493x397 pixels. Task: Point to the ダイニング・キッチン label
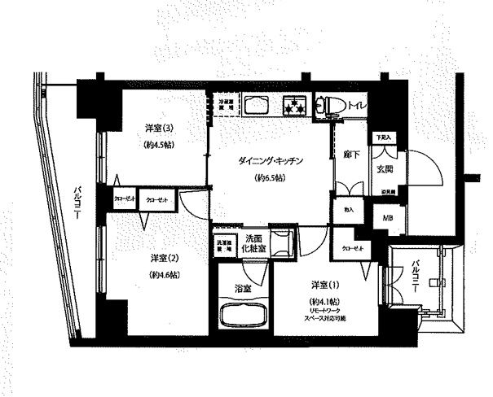click(x=271, y=161)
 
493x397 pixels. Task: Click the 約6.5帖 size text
click(x=270, y=177)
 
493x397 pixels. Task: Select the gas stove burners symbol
click(x=292, y=105)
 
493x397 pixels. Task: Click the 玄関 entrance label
click(x=385, y=169)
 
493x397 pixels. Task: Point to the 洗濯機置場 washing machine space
click(x=223, y=244)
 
